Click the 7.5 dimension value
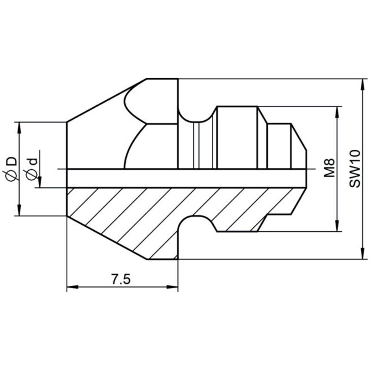point(121,280)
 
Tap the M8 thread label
point(329,168)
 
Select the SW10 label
point(355,168)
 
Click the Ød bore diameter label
point(31,169)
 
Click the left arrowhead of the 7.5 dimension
point(73,287)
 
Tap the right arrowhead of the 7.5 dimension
point(172,287)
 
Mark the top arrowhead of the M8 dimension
point(337,112)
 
